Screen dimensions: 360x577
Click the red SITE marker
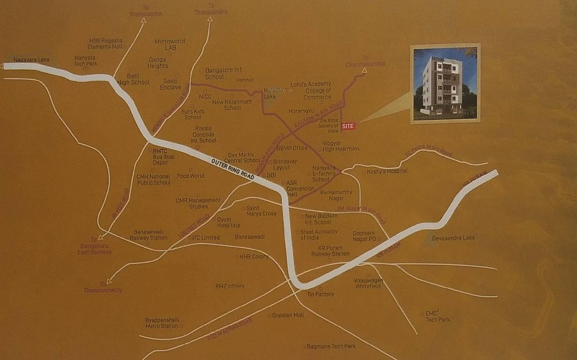(348, 126)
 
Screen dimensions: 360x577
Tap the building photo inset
(445, 84)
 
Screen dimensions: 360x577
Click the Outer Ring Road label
(233, 169)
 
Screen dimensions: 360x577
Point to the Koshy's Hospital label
(387, 171)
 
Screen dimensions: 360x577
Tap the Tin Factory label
(320, 294)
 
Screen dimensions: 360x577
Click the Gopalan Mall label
(288, 315)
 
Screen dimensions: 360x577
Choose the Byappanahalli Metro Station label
(162, 322)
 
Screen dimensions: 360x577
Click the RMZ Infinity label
(230, 286)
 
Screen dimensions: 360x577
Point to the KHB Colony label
(254, 256)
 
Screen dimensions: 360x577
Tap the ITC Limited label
(206, 238)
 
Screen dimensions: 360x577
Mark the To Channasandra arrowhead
(364, 71)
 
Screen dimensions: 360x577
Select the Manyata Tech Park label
(86, 60)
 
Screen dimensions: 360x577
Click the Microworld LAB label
(170, 45)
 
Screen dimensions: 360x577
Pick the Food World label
(190, 176)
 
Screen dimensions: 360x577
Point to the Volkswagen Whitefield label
(368, 283)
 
